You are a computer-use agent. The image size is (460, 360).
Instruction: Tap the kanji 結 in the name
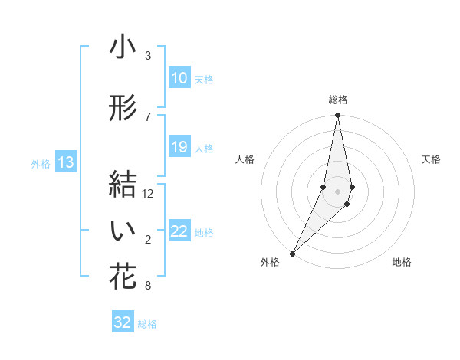tap(123, 185)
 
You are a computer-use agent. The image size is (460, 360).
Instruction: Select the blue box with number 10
tap(179, 78)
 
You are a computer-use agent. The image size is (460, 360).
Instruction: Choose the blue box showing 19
tap(179, 147)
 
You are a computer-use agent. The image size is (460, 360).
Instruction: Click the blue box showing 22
tap(179, 232)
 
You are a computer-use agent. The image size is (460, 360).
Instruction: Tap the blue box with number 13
tap(66, 162)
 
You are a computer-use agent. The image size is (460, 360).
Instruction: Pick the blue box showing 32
tap(123, 322)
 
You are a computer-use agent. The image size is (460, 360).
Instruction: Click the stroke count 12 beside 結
tap(148, 194)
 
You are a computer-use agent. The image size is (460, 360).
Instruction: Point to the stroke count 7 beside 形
tap(148, 116)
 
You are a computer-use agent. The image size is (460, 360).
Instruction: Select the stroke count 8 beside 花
tap(148, 286)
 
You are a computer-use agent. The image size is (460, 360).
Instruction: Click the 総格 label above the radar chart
tap(338, 100)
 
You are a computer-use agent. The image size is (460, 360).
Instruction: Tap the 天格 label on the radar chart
tap(431, 159)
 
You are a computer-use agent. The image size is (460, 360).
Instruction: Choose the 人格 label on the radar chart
tap(245, 159)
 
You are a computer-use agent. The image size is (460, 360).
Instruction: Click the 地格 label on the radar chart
tap(402, 262)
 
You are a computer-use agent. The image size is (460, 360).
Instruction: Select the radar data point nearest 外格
tap(292, 253)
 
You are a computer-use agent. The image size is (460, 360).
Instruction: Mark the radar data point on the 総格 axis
tap(337, 116)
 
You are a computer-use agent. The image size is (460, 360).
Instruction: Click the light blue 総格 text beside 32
tap(147, 324)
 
